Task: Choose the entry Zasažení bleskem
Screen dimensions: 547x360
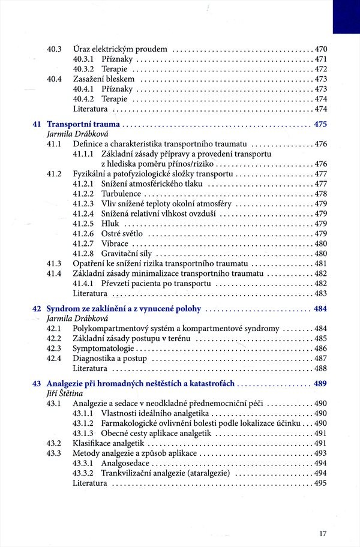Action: click(x=106, y=79)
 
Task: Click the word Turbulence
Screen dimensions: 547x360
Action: click(x=122, y=194)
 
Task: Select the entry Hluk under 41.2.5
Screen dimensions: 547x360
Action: click(x=110, y=224)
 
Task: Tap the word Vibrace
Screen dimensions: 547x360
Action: click(x=115, y=244)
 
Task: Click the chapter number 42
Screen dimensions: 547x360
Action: click(x=37, y=309)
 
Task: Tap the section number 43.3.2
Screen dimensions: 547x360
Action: click(x=85, y=473)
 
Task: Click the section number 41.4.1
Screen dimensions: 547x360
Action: click(x=85, y=283)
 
